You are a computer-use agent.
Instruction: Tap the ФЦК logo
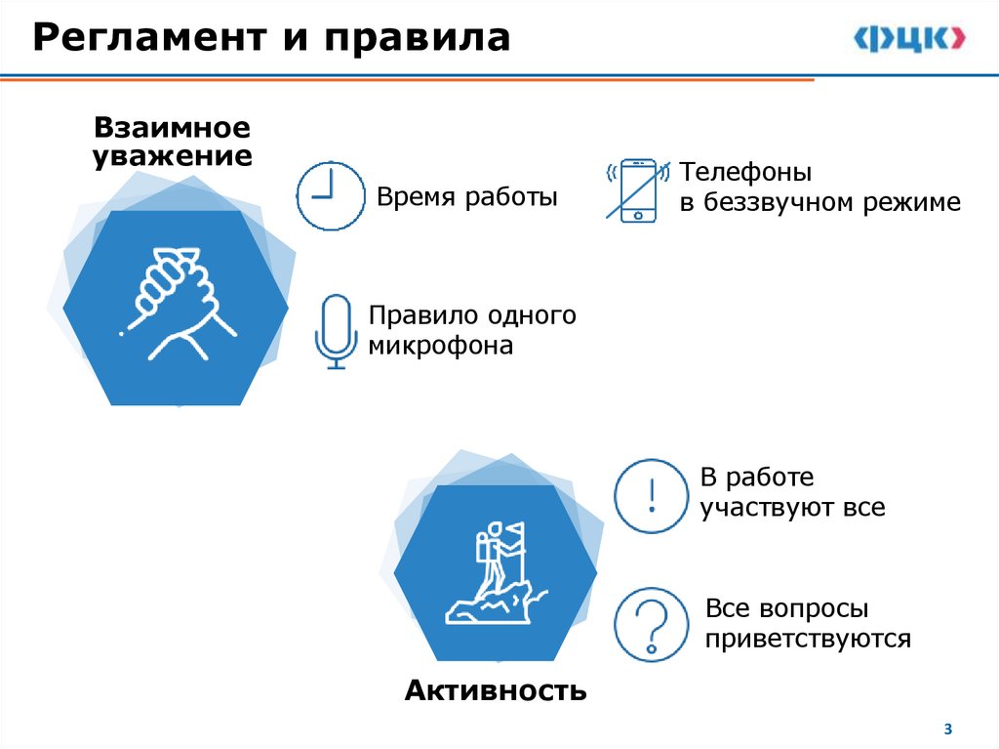click(909, 39)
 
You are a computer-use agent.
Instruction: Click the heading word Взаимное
click(172, 128)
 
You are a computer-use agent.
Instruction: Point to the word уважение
click(172, 156)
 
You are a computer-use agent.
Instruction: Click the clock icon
click(330, 195)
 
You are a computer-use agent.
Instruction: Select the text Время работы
click(467, 197)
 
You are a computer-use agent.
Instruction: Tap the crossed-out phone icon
click(638, 189)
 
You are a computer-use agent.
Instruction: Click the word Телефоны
click(745, 173)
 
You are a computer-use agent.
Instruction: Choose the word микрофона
click(440, 346)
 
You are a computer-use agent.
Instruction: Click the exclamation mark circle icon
click(651, 496)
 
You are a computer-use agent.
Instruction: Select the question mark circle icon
click(651, 623)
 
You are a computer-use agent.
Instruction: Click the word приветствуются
click(808, 640)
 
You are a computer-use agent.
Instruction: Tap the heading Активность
click(496, 691)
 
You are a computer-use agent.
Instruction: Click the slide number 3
click(947, 729)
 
